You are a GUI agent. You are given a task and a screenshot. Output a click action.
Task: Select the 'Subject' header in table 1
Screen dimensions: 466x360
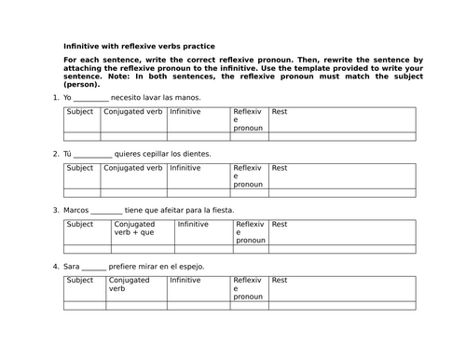coord(80,112)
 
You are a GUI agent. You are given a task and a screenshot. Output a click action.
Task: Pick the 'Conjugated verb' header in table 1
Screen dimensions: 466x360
coord(132,112)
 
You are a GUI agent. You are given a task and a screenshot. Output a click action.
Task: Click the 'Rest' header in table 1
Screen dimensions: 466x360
coord(280,112)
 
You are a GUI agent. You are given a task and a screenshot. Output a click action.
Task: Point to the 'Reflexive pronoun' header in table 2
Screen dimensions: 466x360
coord(248,176)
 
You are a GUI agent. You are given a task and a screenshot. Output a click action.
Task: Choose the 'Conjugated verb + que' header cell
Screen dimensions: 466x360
coord(133,228)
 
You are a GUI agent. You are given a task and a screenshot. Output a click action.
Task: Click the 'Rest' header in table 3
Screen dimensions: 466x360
coord(280,225)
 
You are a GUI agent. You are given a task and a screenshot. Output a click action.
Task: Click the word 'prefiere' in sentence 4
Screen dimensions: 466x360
coord(127,267)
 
